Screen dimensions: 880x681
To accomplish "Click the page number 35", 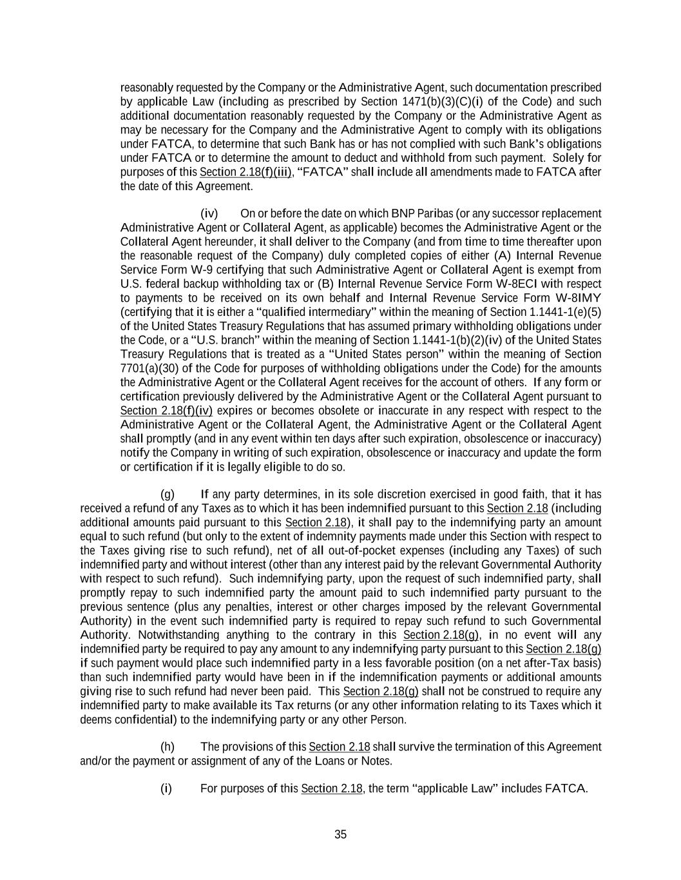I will [340, 834].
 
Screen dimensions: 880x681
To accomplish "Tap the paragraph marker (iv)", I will [209, 213].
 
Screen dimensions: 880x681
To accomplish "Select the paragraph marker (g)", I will [168, 494].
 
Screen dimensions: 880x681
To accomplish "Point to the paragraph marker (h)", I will [168, 747].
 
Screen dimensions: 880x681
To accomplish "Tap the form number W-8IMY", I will [578, 298].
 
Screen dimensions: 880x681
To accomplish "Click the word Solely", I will [568, 158].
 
